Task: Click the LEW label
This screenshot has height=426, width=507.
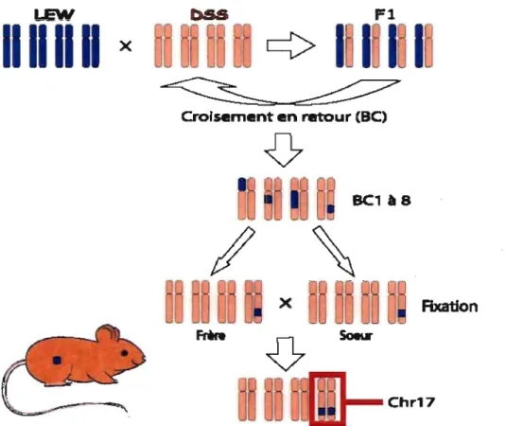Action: pyautogui.click(x=54, y=14)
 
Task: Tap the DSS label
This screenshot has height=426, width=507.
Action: pyautogui.click(x=209, y=15)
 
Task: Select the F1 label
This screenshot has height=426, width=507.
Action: pyautogui.click(x=384, y=14)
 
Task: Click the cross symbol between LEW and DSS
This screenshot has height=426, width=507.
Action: pyautogui.click(x=126, y=46)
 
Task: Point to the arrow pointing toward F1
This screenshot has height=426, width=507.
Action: pyautogui.click(x=290, y=45)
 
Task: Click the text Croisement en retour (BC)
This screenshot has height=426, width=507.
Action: pyautogui.click(x=284, y=116)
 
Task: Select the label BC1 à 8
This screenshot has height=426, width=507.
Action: pyautogui.click(x=381, y=201)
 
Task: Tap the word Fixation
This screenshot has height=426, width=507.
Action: pyautogui.click(x=449, y=306)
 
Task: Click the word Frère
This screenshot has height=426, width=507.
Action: pyautogui.click(x=211, y=335)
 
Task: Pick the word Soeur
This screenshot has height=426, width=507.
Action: pyautogui.click(x=356, y=335)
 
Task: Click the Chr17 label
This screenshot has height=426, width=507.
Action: pyautogui.click(x=411, y=402)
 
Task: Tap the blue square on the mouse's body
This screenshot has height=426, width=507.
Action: pyautogui.click(x=58, y=360)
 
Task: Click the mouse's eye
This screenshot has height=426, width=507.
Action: pyautogui.click(x=125, y=353)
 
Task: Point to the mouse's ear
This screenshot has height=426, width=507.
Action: pyautogui.click(x=108, y=335)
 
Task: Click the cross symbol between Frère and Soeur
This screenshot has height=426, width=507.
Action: pyautogui.click(x=286, y=303)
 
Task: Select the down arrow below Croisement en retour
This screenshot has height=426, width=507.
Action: pyautogui.click(x=284, y=150)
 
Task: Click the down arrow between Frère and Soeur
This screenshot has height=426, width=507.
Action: pyautogui.click(x=286, y=354)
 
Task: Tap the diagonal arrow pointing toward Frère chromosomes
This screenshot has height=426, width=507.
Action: pyautogui.click(x=233, y=251)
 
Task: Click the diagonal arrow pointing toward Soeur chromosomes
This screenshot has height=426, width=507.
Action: pyautogui.click(x=334, y=252)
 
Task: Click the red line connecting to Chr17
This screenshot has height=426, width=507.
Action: pyautogui.click(x=364, y=402)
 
